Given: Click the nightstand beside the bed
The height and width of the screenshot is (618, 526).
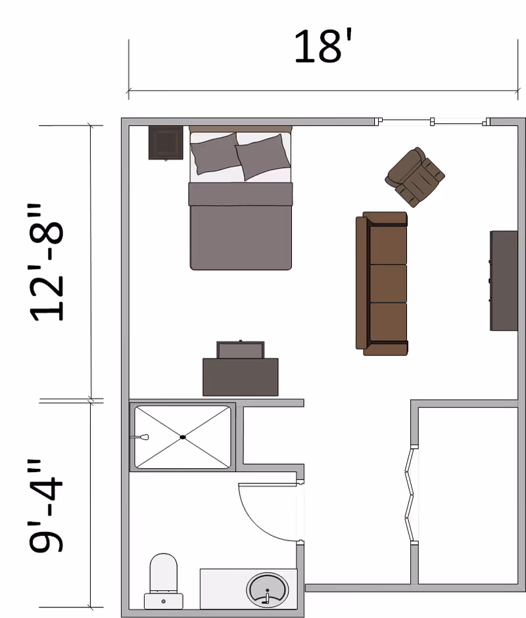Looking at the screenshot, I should pos(165,143).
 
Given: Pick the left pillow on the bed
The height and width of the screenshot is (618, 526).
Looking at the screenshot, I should pos(214,153).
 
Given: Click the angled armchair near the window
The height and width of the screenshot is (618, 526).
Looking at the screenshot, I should pos(414,176).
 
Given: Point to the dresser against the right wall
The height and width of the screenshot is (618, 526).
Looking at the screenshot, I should pos(504,280).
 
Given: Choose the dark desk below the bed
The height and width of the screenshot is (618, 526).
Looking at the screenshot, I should pos(240,377).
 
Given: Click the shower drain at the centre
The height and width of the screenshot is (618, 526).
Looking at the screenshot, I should pos(183,437).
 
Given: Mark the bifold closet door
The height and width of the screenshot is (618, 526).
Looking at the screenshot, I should pos(410,496).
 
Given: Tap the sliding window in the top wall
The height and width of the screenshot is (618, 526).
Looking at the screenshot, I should pos(433,121).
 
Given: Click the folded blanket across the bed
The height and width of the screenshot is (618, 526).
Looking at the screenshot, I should pos(240,194).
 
